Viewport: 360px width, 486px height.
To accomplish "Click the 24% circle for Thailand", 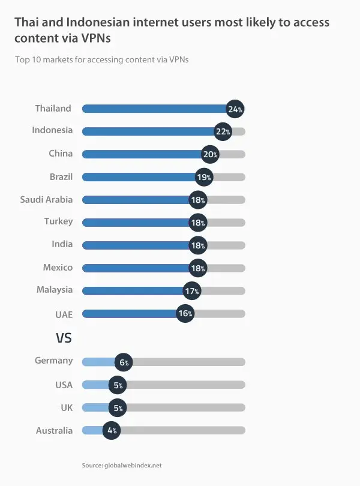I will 235,109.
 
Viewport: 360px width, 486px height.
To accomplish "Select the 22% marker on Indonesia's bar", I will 223,131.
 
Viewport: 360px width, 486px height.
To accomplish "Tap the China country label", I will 61,154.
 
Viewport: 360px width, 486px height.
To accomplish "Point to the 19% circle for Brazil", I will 205,177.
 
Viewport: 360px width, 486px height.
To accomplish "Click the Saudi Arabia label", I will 46,199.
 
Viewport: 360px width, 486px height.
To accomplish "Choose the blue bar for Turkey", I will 135,223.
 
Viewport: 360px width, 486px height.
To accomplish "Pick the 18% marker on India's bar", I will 198,245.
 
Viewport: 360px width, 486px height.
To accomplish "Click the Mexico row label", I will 58,268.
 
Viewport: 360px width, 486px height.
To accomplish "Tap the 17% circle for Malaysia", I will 192,291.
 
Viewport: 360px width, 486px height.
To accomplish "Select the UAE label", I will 64,313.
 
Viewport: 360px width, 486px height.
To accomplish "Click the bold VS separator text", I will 64,338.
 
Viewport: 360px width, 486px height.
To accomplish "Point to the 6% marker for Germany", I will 124,362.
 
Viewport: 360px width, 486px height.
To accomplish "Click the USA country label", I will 63,385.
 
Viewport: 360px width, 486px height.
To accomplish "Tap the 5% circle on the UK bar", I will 118,408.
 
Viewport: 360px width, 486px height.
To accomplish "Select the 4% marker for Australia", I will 112,430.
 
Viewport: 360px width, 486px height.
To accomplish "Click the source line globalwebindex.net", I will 122,465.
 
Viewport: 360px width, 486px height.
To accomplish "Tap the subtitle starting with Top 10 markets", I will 101,60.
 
